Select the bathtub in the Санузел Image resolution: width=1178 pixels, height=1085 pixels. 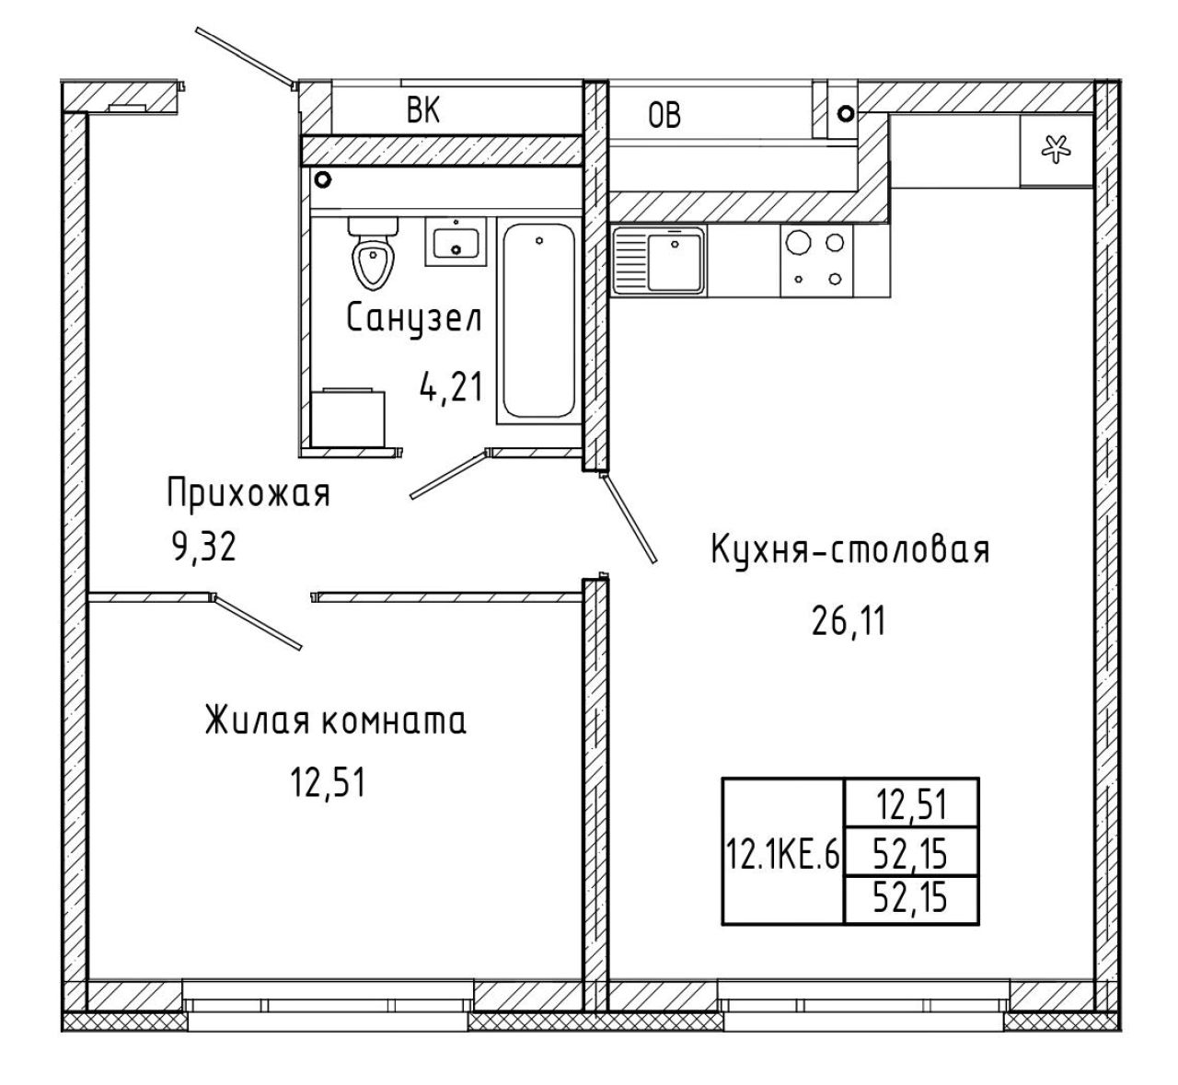[539, 320]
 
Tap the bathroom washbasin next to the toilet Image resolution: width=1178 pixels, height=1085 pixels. [456, 241]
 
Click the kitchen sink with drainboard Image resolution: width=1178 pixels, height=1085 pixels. [658, 260]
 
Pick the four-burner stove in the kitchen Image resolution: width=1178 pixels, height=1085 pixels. [817, 260]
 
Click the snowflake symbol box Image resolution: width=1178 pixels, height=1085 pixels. [1056, 150]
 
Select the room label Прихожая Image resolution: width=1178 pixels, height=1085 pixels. [248, 493]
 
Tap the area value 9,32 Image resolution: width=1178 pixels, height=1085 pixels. [204, 547]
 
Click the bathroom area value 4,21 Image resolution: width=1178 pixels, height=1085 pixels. [451, 387]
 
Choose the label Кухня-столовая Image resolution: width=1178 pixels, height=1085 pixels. [850, 549]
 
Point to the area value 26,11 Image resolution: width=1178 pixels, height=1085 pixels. [848, 621]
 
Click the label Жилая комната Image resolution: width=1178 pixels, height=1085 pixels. [335, 721]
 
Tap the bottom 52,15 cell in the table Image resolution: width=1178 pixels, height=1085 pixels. [911, 899]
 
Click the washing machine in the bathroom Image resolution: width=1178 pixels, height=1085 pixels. [348, 418]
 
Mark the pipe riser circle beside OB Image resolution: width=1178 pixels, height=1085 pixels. [846, 112]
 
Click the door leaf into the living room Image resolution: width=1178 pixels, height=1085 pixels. [257, 623]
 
